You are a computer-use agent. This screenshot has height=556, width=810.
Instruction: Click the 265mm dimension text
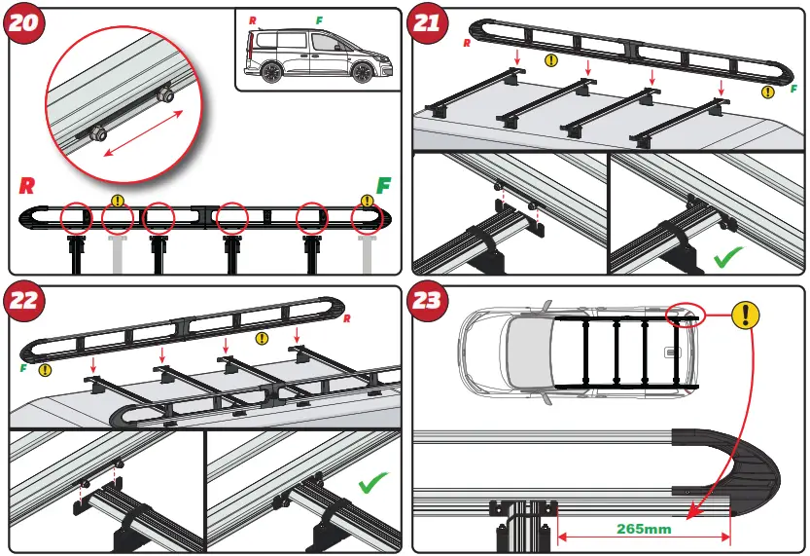pos(644,530)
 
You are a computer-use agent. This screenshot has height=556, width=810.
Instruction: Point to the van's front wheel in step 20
pos(362,71)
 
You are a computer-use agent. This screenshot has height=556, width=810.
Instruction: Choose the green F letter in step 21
pos(793,90)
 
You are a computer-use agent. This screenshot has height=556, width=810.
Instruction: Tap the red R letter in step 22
pos(347,318)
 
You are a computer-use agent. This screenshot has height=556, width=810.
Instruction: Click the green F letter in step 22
pos(22,369)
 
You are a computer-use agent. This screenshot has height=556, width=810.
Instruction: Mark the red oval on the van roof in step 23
pos(686,315)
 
